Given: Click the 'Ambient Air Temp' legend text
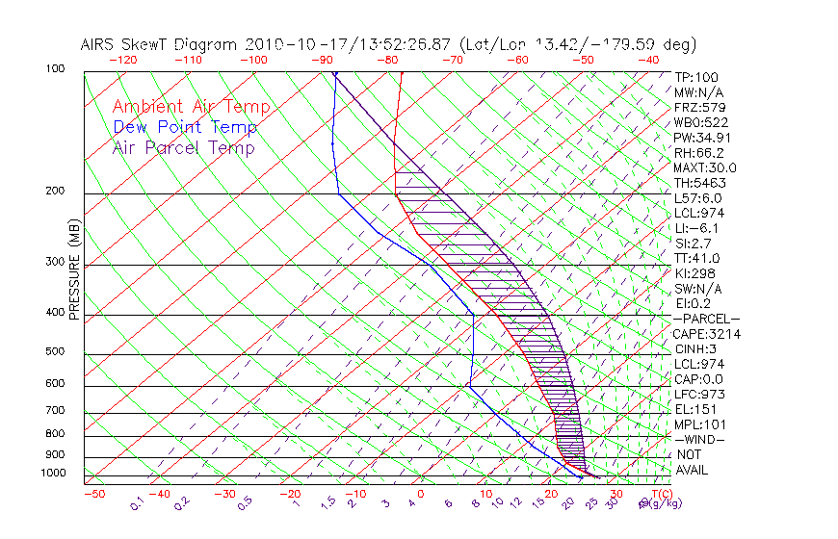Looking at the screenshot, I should point(191,107).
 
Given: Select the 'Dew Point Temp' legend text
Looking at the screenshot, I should point(184,127).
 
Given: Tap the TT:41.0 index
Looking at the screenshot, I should point(696,258).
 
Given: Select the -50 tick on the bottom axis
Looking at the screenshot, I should point(93,494).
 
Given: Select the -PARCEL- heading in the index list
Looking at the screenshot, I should point(707,319).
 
